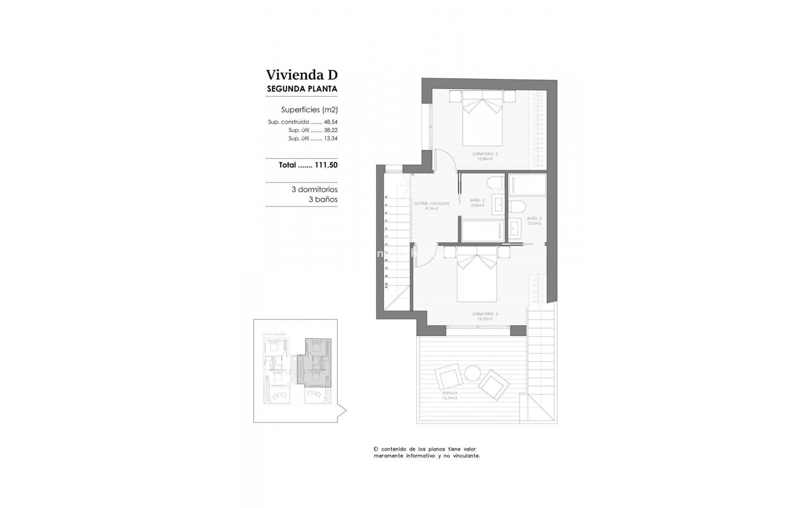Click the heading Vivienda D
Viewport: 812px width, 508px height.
point(302,75)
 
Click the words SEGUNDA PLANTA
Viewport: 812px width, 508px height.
point(302,89)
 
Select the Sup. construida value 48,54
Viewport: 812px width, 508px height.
point(331,122)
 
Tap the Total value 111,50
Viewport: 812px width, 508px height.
point(326,165)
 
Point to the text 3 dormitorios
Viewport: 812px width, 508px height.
point(314,190)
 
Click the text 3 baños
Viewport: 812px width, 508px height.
point(323,199)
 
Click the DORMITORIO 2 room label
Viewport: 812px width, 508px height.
point(485,154)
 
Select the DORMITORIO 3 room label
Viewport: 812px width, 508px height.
point(485,314)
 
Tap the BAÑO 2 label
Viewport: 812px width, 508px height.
point(477,200)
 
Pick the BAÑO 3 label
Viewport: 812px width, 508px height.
point(534,218)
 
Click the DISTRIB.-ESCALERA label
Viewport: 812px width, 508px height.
point(431,204)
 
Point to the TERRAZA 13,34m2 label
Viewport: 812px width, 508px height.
point(450,396)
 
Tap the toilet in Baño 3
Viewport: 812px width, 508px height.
point(517,206)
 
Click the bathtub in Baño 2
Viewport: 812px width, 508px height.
point(482,231)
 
